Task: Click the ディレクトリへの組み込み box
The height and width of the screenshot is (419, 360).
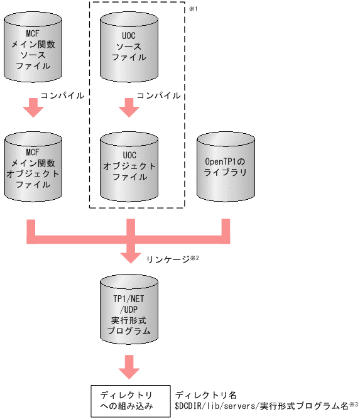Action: [131, 400]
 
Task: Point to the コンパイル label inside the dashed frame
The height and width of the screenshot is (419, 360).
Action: [158, 95]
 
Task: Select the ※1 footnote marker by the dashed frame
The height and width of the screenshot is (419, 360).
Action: [193, 7]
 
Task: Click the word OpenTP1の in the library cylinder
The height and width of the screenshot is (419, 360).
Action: [226, 161]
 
